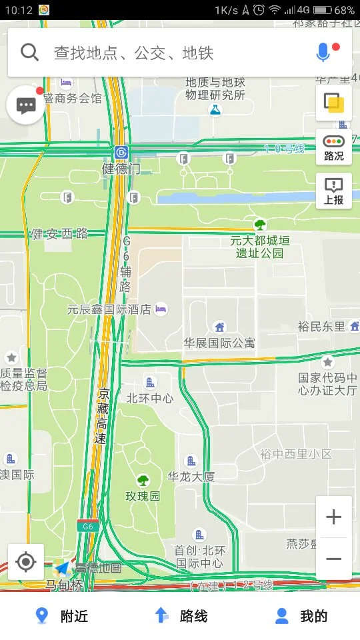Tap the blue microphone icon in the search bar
pyautogui.click(x=323, y=53)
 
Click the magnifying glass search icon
pyautogui.click(x=30, y=52)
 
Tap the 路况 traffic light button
pyautogui.click(x=334, y=147)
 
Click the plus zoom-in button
pyautogui.click(x=334, y=517)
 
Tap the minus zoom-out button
pyautogui.click(x=334, y=559)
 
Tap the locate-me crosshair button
pyautogui.click(x=26, y=562)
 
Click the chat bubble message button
pyautogui.click(x=26, y=106)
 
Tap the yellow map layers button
pyautogui.click(x=333, y=103)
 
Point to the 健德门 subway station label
pyautogui.click(x=121, y=168)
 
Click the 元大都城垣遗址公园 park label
pyautogui.click(x=260, y=246)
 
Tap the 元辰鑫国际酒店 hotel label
pyautogui.click(x=109, y=309)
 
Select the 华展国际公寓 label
pyautogui.click(x=219, y=343)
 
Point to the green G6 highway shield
pyautogui.click(x=87, y=526)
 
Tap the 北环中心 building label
pyautogui.click(x=150, y=397)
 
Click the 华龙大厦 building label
pyautogui.click(x=191, y=476)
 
